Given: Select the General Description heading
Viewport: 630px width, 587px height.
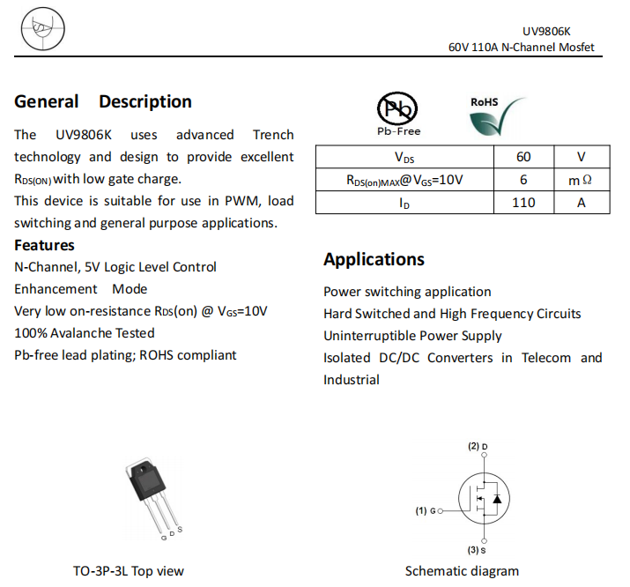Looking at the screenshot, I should (103, 101).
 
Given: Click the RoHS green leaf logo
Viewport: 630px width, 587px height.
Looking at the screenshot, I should (497, 115).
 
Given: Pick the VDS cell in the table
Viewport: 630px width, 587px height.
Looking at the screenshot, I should (404, 158).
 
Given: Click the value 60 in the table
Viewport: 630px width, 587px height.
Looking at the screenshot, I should (523, 158).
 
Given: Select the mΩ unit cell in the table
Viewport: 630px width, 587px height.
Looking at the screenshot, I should (581, 180).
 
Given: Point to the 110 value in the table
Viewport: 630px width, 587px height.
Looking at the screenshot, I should (523, 202).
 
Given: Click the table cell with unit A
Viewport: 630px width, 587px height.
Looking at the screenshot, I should (581, 202).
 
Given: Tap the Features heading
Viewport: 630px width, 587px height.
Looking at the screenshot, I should (44, 245).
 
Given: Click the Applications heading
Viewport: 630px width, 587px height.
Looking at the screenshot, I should (374, 259).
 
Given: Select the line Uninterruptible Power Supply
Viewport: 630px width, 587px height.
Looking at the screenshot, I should (412, 336).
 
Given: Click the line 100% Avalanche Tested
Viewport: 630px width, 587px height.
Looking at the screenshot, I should (85, 333).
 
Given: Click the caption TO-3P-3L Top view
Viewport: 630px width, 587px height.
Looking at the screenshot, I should (129, 571).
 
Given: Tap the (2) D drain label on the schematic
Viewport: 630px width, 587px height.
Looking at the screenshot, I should (478, 447).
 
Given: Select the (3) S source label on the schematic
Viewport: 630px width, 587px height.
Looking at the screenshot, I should (477, 550).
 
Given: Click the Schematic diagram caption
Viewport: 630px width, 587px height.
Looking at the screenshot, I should (462, 571).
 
